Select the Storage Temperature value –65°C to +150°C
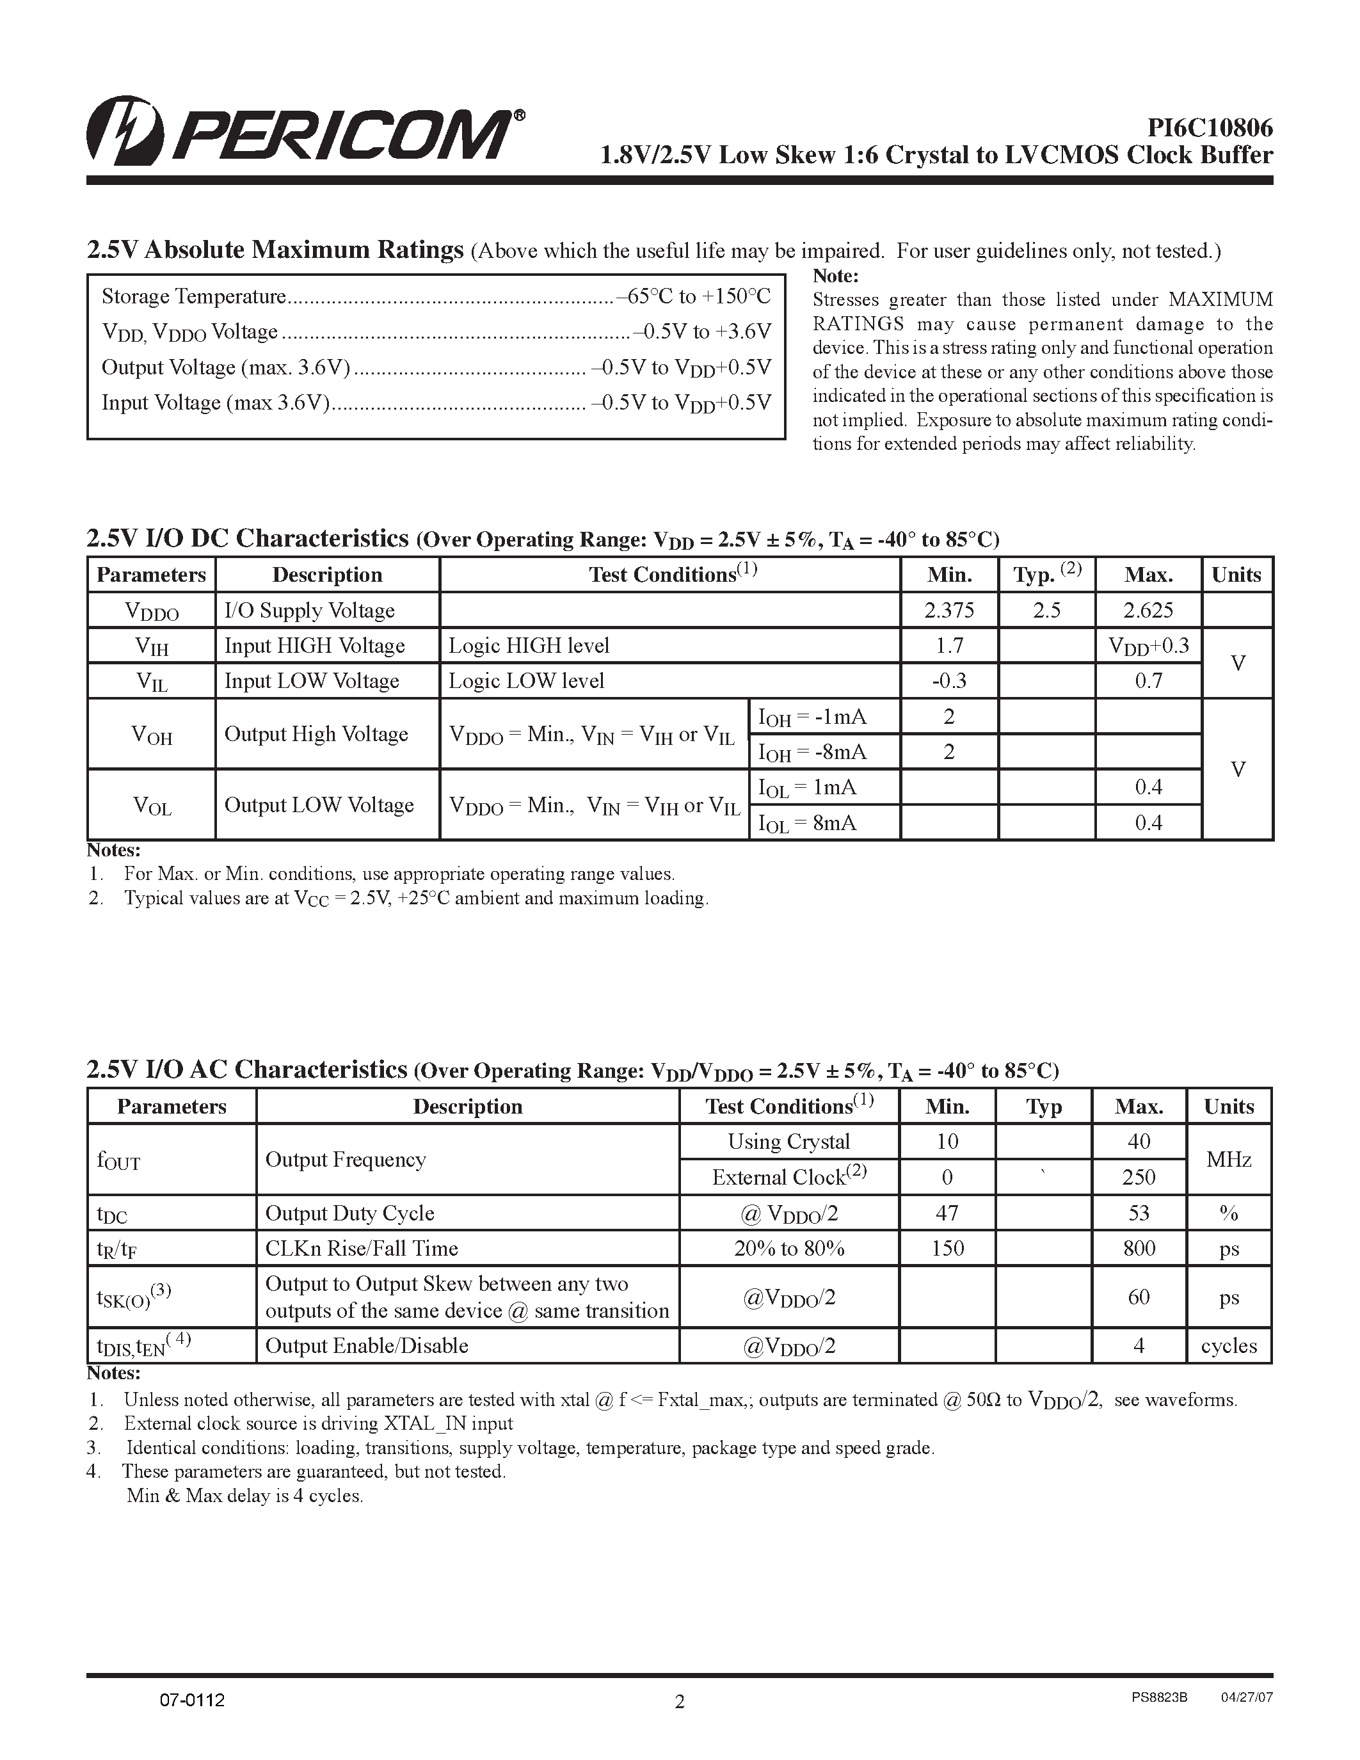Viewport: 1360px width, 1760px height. [x=694, y=296]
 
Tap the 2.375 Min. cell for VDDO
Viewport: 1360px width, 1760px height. [x=948, y=610]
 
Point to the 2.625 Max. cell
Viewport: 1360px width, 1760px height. [x=1148, y=610]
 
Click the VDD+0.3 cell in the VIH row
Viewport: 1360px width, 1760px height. [x=1148, y=646]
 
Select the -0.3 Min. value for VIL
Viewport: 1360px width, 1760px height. [x=948, y=681]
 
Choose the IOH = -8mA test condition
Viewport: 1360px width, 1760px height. [x=812, y=752]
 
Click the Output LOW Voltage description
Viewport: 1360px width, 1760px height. [x=319, y=805]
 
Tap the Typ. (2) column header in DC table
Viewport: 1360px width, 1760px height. [x=1046, y=574]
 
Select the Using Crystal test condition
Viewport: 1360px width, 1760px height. [x=788, y=1142]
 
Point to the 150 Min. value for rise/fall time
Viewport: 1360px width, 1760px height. [x=947, y=1248]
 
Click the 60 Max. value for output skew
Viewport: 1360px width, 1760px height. [x=1139, y=1297]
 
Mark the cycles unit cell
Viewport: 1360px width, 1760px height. [x=1229, y=1346]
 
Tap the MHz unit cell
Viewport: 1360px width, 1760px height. [x=1229, y=1160]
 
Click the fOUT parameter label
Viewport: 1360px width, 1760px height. [x=118, y=1160]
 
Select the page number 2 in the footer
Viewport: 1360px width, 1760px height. [x=679, y=1701]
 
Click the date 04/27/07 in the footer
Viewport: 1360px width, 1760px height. [x=1246, y=1697]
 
